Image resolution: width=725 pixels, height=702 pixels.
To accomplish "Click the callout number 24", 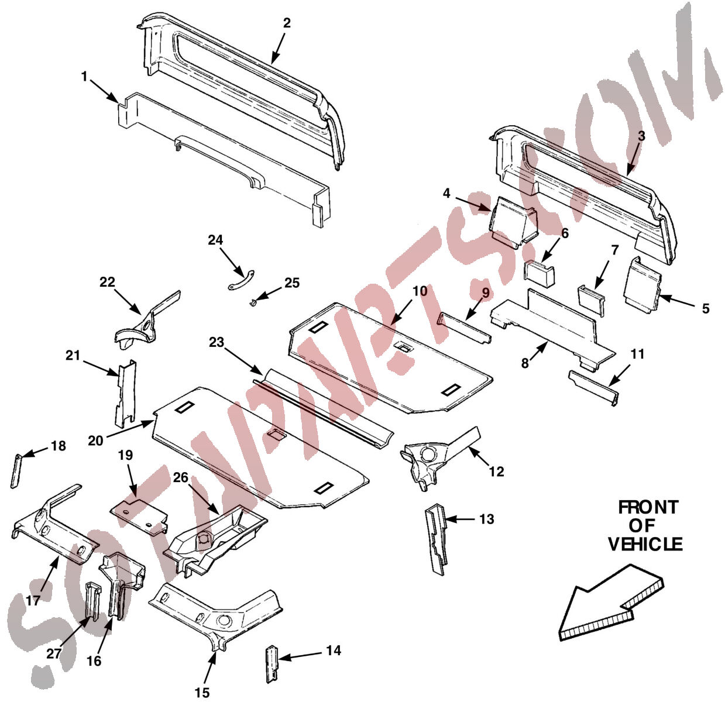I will click(x=215, y=240).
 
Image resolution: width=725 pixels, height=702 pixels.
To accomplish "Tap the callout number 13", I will click(x=486, y=519).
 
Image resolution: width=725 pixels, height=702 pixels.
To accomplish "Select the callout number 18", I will click(x=59, y=446).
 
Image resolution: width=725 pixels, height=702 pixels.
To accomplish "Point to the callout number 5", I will click(x=705, y=308).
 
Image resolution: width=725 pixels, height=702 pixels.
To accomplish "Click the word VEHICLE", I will click(x=645, y=545).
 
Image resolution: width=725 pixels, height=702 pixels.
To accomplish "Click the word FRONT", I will click(x=648, y=507).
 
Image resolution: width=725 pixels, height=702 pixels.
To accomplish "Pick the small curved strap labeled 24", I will click(x=242, y=280).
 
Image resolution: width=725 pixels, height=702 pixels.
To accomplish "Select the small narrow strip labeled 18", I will click(x=16, y=470).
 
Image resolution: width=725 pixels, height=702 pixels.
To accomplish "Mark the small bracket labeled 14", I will click(x=272, y=663).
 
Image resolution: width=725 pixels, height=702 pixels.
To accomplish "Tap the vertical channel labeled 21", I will click(x=126, y=392).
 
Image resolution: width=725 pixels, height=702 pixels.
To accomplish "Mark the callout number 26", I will click(x=180, y=478).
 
